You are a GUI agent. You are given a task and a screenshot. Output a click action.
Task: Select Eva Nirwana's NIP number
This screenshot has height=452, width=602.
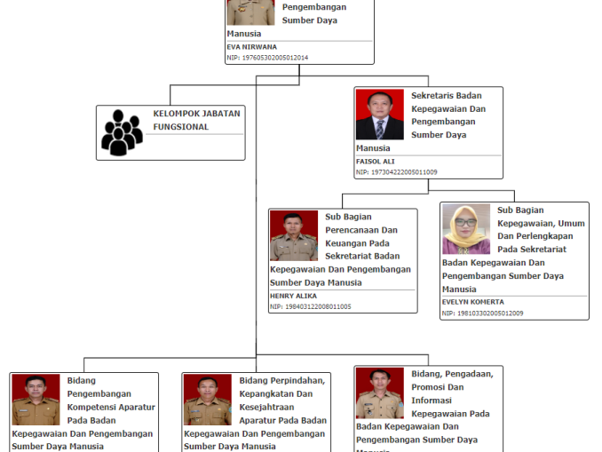(x=267, y=58)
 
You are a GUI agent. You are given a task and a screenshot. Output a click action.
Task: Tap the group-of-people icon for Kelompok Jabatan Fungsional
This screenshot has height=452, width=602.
(x=122, y=132)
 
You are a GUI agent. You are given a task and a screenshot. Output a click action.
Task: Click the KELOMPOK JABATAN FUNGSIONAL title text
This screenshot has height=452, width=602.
(x=196, y=120)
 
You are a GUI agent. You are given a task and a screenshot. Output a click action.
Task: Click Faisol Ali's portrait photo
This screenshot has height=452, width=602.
(x=379, y=115)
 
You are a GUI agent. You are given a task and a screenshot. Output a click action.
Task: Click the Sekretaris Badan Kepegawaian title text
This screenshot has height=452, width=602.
(x=448, y=115)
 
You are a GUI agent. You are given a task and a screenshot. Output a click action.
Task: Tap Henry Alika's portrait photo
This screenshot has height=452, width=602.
(x=293, y=235)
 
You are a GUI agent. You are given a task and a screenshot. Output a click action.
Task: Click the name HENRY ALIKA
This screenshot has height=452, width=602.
(x=293, y=296)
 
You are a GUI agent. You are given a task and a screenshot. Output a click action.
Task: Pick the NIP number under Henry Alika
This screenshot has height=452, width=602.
(x=310, y=306)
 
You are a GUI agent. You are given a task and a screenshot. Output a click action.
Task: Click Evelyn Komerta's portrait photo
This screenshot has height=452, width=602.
(x=466, y=230)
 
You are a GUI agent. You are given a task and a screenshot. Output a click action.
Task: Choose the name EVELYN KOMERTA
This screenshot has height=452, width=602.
(x=472, y=302)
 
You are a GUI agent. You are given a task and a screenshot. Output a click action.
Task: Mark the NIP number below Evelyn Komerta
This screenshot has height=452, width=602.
(x=482, y=313)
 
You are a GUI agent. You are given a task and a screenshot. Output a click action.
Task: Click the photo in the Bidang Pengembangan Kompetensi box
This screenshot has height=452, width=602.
(x=36, y=400)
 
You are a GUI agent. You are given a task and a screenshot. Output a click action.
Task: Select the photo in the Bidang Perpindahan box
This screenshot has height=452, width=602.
(x=207, y=400)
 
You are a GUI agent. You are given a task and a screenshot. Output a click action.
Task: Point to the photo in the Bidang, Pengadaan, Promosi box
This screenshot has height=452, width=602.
(x=379, y=393)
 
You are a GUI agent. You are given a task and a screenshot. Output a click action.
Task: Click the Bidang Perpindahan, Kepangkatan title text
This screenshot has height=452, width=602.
(x=282, y=400)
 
